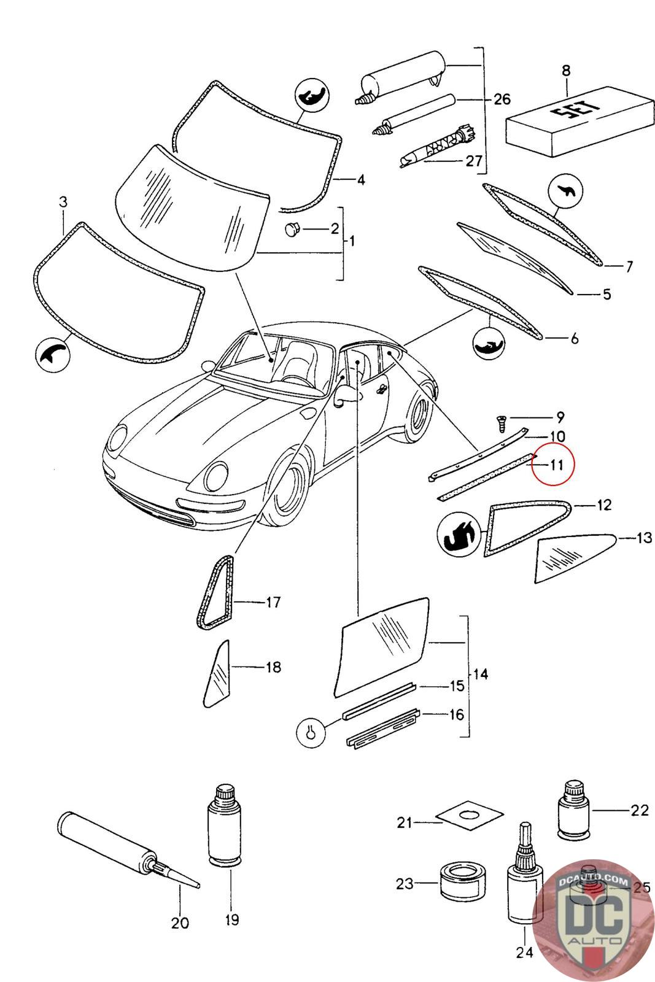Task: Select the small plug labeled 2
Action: [x=291, y=230]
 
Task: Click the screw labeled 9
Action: [x=501, y=422]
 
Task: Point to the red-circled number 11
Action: [x=556, y=464]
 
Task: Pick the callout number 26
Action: [x=502, y=99]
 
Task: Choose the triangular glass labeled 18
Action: [x=216, y=675]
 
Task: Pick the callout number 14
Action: [x=481, y=674]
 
